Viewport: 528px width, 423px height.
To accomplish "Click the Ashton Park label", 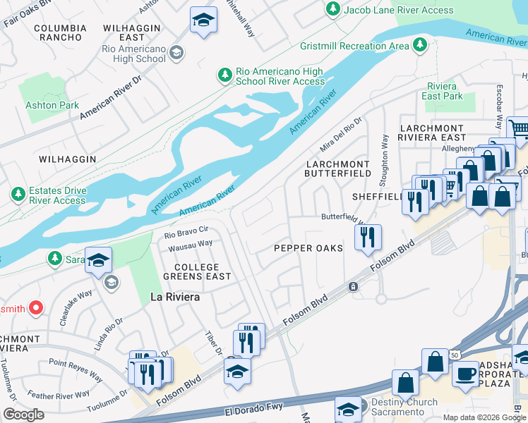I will click(52, 105).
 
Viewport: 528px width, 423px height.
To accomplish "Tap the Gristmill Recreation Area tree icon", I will click(420, 45).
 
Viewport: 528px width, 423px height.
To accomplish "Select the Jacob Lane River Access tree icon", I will click(332, 9).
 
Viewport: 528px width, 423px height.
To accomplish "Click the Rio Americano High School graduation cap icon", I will click(176, 53).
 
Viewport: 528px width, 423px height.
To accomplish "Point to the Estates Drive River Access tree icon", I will click(18, 193).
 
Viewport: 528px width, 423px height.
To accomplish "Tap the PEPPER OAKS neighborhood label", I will click(308, 248).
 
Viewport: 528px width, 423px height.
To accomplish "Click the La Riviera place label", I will click(175, 297).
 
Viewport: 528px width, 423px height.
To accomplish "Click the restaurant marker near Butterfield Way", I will click(367, 237).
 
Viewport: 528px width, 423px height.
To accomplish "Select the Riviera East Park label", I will click(442, 91).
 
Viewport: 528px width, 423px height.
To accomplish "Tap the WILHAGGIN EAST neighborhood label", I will click(133, 32).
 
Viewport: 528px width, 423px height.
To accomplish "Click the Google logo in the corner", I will click(23, 415).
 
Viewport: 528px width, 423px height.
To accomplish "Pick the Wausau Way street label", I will click(190, 244).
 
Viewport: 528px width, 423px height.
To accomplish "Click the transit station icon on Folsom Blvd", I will click(353, 287).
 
